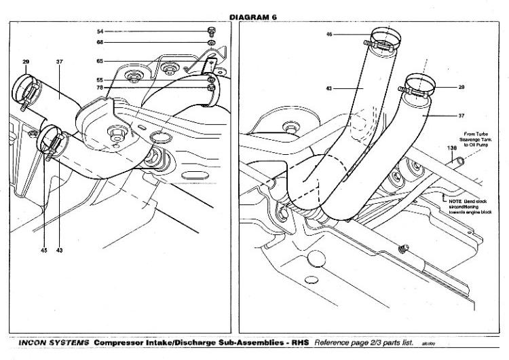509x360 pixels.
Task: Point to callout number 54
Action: [x=100, y=32]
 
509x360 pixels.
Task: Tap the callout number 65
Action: [x=100, y=61]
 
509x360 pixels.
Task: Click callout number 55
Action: [x=100, y=79]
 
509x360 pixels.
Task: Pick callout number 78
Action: [x=100, y=88]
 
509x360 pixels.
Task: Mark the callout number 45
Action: [x=43, y=251]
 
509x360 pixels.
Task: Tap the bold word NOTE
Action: [x=455, y=201]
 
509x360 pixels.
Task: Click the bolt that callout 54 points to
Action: [x=210, y=31]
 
